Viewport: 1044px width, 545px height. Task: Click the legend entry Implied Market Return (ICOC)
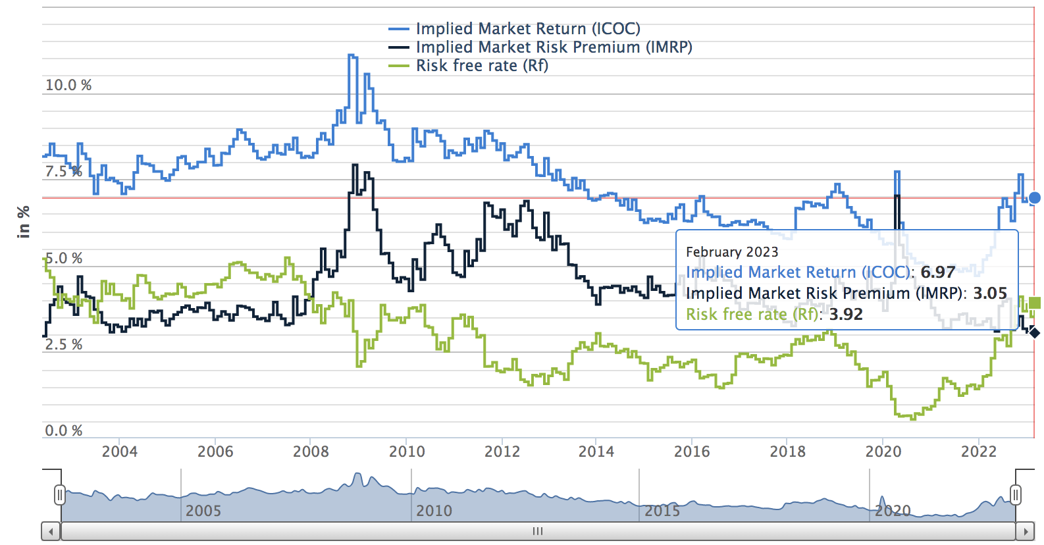527,29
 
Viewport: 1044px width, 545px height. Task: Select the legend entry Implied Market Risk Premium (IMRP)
554,47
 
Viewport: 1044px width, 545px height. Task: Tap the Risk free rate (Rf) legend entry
481,66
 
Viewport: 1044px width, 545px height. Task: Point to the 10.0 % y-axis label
68,85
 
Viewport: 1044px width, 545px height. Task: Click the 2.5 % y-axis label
64,344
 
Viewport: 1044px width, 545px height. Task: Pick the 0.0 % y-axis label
64,430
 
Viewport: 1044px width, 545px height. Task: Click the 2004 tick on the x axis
120,452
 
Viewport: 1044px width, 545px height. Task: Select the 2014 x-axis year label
596,452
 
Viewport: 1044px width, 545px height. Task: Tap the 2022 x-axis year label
979,452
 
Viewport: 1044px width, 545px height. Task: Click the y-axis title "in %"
24,221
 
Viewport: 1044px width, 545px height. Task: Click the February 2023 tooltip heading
732,252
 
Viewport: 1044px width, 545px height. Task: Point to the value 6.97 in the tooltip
937,272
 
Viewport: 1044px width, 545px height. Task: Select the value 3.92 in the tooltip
846,315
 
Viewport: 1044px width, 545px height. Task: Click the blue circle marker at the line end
1035,197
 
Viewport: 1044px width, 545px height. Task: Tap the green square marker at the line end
1035,303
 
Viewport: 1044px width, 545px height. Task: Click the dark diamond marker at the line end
1035,333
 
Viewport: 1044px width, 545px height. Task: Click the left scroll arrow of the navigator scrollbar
51,531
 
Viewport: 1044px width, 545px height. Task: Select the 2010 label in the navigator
434,511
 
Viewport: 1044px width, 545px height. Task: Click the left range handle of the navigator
60,495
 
